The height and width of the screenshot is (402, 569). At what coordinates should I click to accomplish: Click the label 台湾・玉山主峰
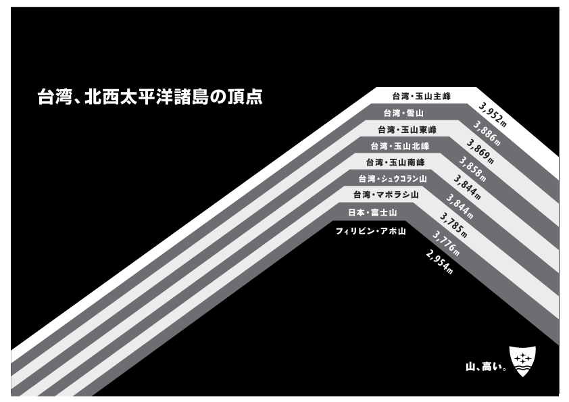[422, 97]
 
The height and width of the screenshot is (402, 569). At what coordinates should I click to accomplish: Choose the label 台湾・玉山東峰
[407, 130]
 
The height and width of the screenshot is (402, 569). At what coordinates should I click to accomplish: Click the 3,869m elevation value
[480, 151]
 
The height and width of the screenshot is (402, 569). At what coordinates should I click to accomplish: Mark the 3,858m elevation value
[472, 168]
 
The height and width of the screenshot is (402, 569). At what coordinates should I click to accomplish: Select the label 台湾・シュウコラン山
[393, 179]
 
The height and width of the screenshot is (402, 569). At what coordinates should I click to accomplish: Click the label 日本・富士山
[372, 213]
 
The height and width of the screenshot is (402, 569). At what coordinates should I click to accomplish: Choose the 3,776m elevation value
[446, 243]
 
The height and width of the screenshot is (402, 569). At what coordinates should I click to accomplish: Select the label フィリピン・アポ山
[370, 231]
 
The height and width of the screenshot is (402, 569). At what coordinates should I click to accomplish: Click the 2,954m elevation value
[439, 261]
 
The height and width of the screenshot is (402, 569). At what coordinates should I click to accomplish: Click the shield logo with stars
[522, 361]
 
